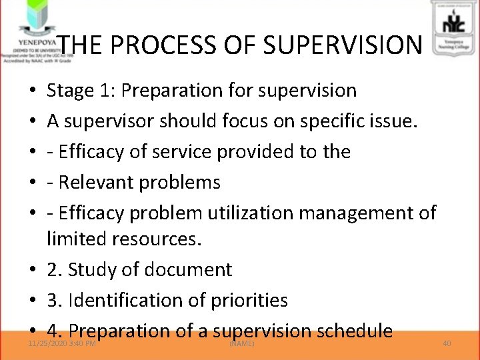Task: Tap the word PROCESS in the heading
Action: pos(167,45)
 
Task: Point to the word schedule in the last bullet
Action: pos(354,331)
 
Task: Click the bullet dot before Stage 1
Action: pos(33,91)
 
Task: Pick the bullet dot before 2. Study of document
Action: pos(33,270)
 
